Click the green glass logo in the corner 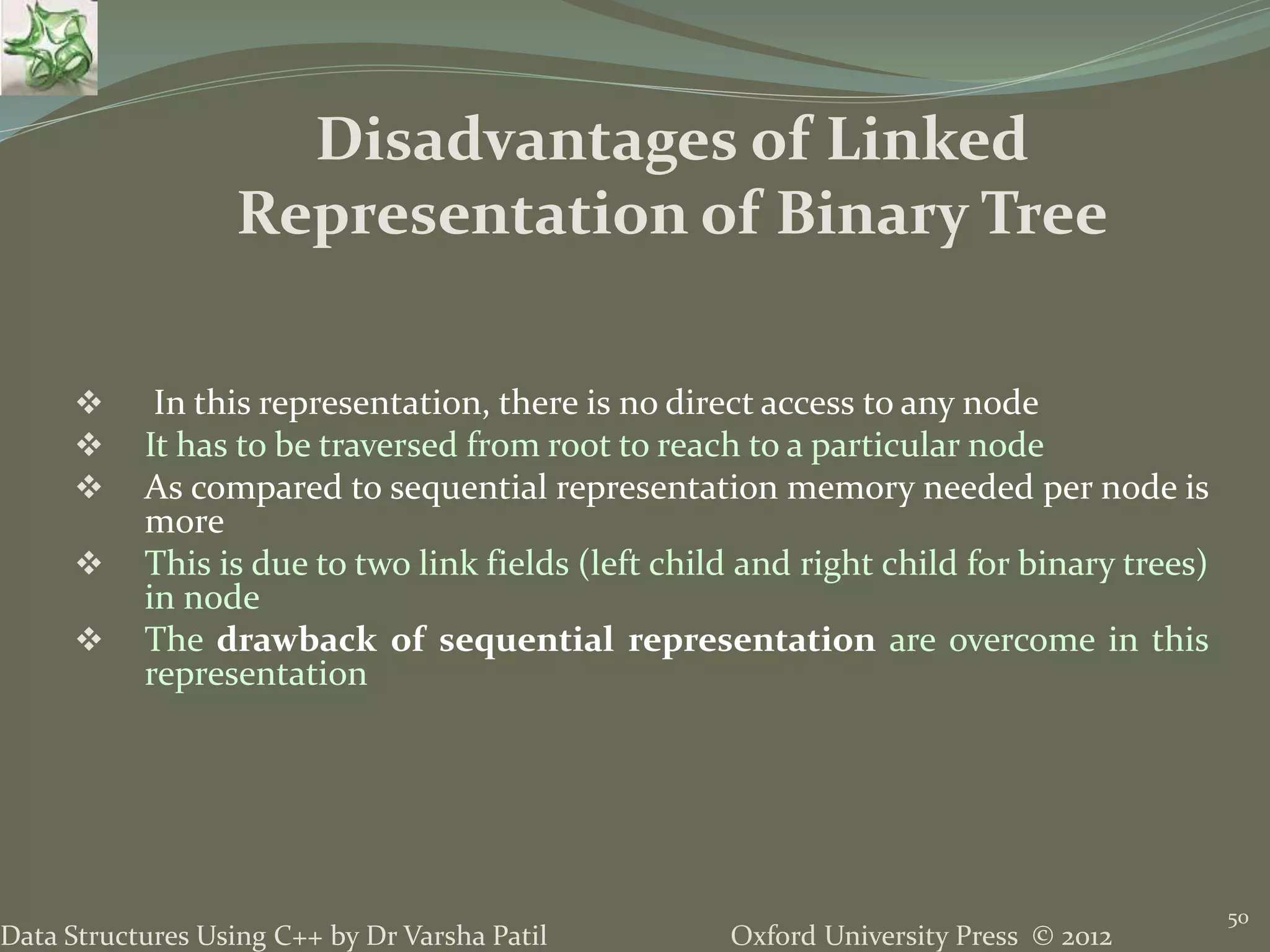pos(48,48)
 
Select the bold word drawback pos(296,640)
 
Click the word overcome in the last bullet pos(1022,640)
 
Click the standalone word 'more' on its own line pos(184,522)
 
